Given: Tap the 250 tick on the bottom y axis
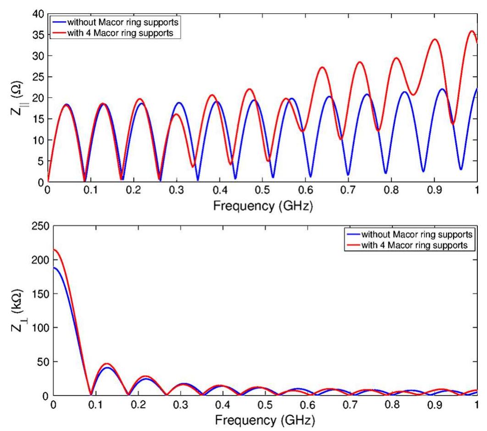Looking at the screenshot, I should pyautogui.click(x=39, y=226).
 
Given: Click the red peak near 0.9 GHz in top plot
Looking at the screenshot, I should pyautogui.click(x=434, y=39).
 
